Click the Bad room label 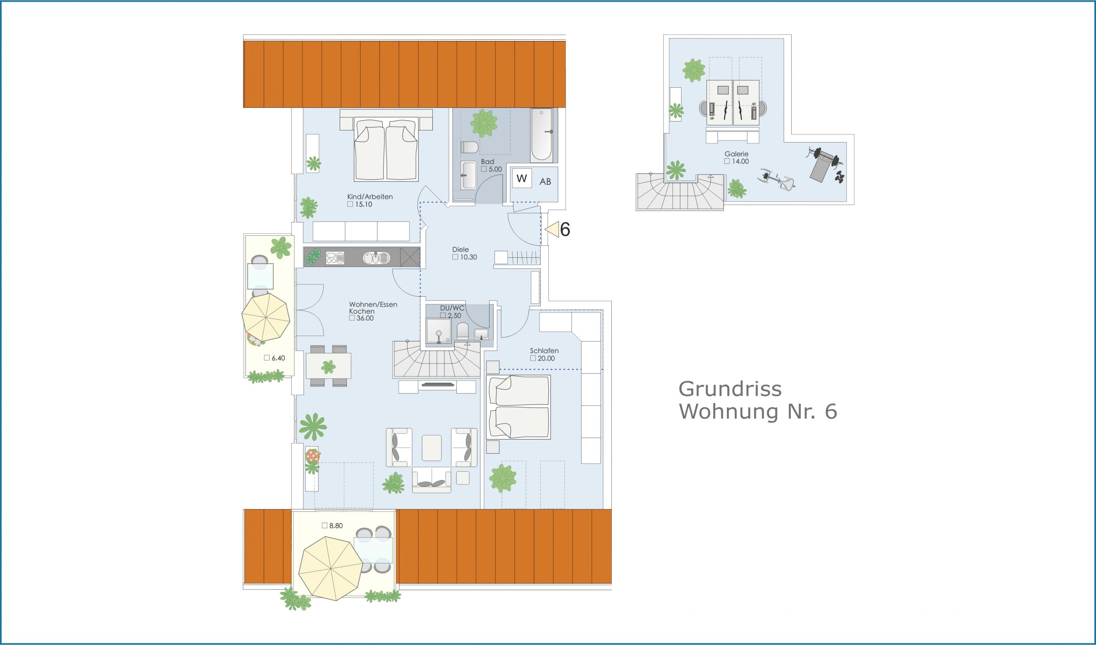[487, 161]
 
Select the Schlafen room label [544, 351]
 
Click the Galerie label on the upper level [736, 154]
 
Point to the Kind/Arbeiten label [369, 196]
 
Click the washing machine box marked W [522, 178]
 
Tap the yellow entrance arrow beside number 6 [552, 229]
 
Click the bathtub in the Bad [542, 135]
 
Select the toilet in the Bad [469, 147]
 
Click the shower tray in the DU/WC [438, 330]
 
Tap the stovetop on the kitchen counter [335, 258]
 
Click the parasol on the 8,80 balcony [331, 568]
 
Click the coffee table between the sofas [432, 448]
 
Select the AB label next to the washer [545, 182]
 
